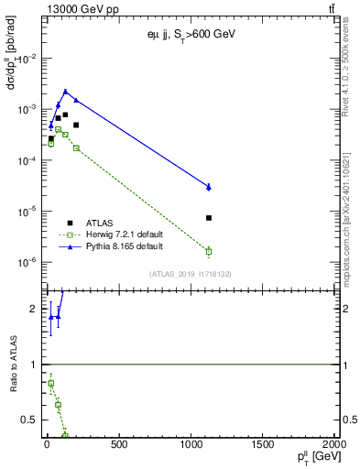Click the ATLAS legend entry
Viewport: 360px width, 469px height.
tap(101, 222)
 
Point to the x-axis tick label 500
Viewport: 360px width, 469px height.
tap(118, 446)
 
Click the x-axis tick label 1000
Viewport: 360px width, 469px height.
tap(191, 446)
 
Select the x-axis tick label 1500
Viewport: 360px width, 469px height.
tap(263, 446)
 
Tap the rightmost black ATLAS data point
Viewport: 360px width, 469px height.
tap(209, 218)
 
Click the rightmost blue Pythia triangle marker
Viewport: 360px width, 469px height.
tap(209, 187)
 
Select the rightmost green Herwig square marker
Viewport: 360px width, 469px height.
tap(209, 251)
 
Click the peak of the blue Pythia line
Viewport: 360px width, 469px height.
tap(65, 92)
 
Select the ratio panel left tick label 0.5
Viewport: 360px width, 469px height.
tap(30, 420)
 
